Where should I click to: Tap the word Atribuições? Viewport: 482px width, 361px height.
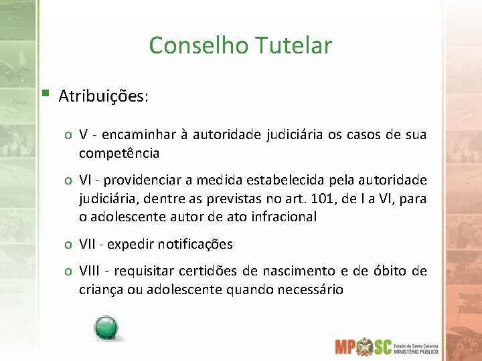pyautogui.click(x=103, y=96)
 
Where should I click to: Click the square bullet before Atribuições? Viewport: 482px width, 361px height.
pyautogui.click(x=44, y=93)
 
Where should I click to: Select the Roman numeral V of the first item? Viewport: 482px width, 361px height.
pyautogui.click(x=84, y=135)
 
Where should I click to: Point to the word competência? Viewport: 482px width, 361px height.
pyautogui.click(x=119, y=153)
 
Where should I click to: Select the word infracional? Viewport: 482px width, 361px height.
pyautogui.click(x=283, y=217)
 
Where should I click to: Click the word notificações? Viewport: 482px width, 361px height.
pyautogui.click(x=196, y=244)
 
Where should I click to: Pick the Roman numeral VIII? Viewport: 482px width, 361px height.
pyautogui.click(x=89, y=271)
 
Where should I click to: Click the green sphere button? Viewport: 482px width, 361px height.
pyautogui.click(x=106, y=327)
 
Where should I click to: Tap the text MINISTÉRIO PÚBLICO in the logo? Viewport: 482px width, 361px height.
pyautogui.click(x=418, y=350)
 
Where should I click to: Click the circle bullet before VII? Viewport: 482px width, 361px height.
pyautogui.click(x=69, y=245)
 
